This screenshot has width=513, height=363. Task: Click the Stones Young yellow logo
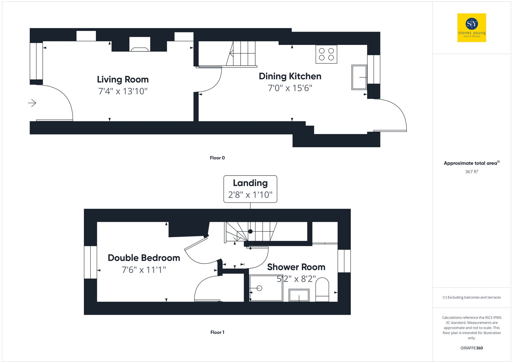(471, 28)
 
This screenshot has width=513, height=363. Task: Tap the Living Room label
(123, 80)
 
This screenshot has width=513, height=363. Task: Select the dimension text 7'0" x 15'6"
(290, 88)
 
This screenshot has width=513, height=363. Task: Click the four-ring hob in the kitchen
(326, 54)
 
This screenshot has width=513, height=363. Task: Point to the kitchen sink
(359, 77)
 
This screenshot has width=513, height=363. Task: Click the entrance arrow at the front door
(32, 103)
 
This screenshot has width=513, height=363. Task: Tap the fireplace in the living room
(140, 45)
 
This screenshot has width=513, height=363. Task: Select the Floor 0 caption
(217, 158)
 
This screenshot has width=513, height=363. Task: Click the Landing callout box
(250, 189)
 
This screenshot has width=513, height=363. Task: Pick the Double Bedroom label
(144, 258)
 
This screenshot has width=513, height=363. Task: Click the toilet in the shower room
(322, 289)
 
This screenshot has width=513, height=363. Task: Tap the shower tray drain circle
(259, 288)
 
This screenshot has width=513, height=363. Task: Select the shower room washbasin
(299, 295)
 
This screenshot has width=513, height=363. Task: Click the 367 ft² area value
(471, 172)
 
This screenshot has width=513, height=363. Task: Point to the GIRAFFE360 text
(471, 348)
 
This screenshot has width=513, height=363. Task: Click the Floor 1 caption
(217, 332)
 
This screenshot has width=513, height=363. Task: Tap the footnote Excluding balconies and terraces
(471, 297)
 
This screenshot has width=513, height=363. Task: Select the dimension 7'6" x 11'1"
(144, 270)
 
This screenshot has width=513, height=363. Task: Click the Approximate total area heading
(471, 163)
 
